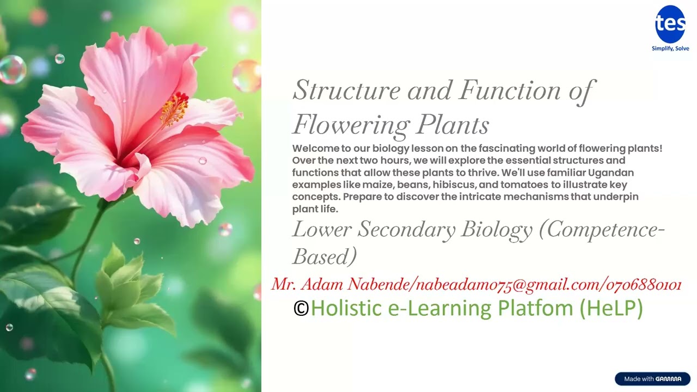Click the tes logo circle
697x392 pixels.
coord(670,24)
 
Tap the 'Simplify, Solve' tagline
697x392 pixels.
coord(670,48)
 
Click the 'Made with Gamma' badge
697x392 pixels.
coord(652,379)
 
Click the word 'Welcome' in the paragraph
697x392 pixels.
coord(313,149)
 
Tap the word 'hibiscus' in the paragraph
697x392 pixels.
coord(455,185)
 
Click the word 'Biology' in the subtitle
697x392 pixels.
coord(496,230)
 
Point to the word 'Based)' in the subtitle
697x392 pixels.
coord(325,256)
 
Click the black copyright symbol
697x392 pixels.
coord(301,309)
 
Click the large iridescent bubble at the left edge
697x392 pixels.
coord(11,70)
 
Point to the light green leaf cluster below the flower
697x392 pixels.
coord(123,283)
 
